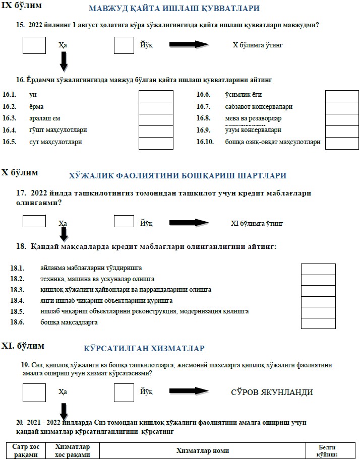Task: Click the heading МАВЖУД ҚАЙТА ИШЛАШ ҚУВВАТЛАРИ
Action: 174,9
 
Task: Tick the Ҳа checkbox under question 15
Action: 34,45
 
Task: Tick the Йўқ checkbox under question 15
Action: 124,45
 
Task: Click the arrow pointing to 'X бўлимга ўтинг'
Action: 189,45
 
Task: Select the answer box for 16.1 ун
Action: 155,95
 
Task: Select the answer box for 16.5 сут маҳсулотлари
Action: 155,143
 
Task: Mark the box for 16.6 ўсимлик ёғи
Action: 341,95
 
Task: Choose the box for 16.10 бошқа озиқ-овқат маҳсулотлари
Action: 341,143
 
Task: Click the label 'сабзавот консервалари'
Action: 259,107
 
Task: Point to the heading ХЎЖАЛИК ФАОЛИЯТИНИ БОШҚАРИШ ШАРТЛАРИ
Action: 177,176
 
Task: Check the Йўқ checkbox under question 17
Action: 124,221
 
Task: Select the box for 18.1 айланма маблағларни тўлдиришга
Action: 318,269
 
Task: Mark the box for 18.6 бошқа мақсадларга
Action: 318,323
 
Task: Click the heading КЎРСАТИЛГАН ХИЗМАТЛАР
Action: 144,349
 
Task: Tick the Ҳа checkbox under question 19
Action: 34,391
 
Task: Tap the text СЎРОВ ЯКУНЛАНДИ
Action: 271,392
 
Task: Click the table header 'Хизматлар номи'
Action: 203,450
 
